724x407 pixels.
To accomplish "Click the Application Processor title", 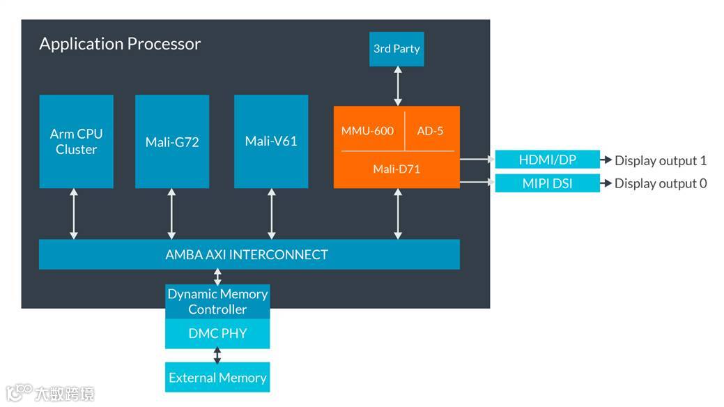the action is pos(120,44).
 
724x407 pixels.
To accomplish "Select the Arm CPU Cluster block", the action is pos(76,141).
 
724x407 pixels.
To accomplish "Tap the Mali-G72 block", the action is pos(172,141).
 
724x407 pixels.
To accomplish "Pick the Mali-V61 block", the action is pos(271,141).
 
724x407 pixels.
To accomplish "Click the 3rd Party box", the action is pos(396,49).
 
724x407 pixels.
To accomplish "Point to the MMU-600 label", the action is pos(367,131).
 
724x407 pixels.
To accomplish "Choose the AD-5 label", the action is pos(430,131).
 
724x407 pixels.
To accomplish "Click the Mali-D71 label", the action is pos(396,169).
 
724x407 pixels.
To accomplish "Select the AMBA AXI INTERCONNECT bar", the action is pos(249,254).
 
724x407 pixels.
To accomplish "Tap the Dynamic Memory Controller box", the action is pos(217,301).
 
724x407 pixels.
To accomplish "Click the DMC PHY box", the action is pos(217,334).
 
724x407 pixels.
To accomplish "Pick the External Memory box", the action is pos(217,378).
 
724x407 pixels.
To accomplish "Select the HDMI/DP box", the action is pos(548,160).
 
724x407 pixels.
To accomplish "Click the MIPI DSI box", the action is pos(548,183).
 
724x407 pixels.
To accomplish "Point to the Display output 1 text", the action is pos(661,160).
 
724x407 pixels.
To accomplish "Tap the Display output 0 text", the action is pos(661,183).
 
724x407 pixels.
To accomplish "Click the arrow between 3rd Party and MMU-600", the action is pos(398,86).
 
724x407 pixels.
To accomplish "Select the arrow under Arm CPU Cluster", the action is pos(73,214).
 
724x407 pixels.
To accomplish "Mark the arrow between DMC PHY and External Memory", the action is pos(217,355).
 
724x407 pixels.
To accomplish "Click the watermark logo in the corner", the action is pos(50,393).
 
